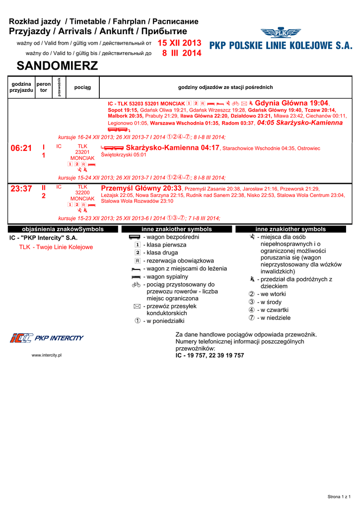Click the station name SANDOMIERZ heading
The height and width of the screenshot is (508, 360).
[57, 65]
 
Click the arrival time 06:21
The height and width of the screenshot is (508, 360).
[21, 148]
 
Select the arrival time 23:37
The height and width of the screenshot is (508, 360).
[21, 189]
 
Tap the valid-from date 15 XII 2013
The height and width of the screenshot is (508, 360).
[179, 43]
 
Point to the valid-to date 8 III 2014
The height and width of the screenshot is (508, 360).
[182, 53]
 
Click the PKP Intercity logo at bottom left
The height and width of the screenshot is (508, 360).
[47, 338]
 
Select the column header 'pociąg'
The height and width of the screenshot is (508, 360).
[82, 87]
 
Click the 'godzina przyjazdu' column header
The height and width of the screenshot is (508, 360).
[21, 87]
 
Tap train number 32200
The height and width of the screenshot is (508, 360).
[82, 192]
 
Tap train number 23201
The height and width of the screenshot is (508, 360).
[82, 152]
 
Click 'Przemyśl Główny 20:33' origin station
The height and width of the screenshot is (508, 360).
[142, 188]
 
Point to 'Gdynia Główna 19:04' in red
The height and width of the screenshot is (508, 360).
[291, 103]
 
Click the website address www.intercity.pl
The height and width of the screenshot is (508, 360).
[46, 355]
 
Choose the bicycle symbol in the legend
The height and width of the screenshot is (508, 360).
[137, 285]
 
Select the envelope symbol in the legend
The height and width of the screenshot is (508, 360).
[137, 307]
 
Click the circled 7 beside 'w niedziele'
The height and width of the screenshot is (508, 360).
[252, 318]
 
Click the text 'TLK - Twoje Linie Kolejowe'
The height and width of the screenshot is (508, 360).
[56, 247]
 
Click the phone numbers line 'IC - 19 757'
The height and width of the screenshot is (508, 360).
[210, 355]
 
